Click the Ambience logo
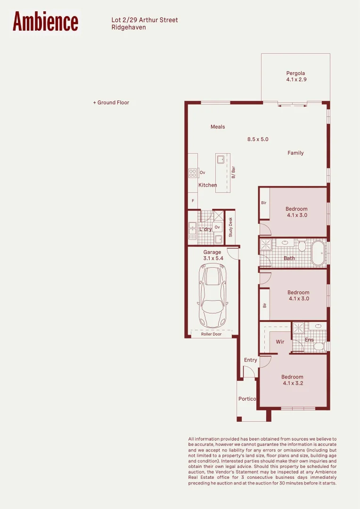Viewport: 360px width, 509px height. [x=45, y=21]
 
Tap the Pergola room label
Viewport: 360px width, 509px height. [x=295, y=74]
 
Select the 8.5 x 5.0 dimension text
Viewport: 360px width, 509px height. [x=258, y=139]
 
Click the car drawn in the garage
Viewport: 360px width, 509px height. [x=213, y=296]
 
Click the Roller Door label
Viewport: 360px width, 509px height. [x=211, y=334]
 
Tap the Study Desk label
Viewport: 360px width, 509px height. [x=230, y=227]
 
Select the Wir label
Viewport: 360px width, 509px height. [x=280, y=342]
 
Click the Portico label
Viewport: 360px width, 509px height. [x=247, y=399]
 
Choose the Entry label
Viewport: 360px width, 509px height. [x=250, y=360]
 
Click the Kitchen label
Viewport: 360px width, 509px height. [x=207, y=185]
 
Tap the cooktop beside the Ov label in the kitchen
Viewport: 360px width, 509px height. [x=193, y=173]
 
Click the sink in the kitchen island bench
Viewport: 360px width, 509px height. [x=221, y=159]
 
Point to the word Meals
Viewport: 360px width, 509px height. [x=218, y=127]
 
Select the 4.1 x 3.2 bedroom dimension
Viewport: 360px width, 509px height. [x=293, y=383]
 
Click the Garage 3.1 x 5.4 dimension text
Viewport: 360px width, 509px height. [x=213, y=258]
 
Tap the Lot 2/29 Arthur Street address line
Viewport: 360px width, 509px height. [x=145, y=20]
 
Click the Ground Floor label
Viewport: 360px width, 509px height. [x=111, y=103]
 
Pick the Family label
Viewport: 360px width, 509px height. [x=295, y=153]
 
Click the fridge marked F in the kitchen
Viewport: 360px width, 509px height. [x=193, y=201]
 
